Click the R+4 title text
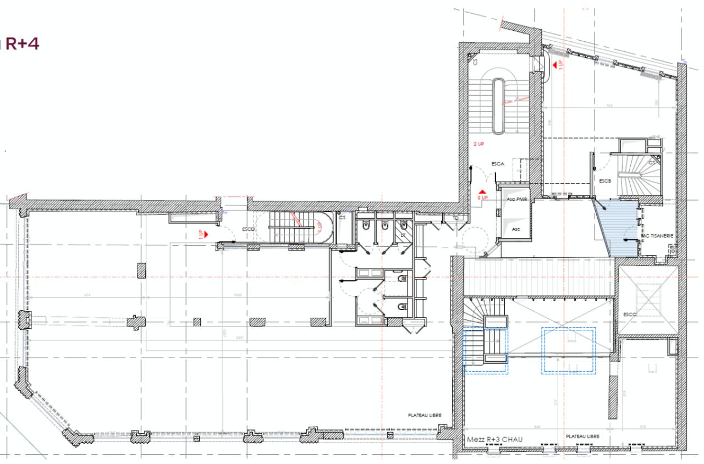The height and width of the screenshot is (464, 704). (22, 43)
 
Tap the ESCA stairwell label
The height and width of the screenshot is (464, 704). (498, 164)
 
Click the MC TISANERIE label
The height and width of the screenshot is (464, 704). (657, 236)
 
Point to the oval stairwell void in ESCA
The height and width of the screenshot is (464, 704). (498, 106)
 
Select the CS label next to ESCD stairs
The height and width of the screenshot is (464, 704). (342, 218)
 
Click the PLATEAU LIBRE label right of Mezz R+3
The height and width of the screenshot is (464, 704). (582, 436)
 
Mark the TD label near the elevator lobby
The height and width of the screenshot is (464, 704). (455, 218)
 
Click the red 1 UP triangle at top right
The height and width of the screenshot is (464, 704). (554, 65)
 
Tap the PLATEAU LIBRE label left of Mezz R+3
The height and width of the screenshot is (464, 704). (425, 416)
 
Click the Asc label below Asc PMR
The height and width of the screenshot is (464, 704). (516, 229)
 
